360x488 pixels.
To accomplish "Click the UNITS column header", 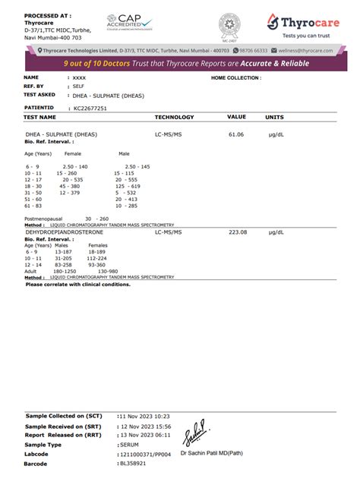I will [x=274, y=118].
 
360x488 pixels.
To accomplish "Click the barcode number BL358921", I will [x=134, y=463].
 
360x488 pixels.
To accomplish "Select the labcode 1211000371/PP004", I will [x=145, y=454].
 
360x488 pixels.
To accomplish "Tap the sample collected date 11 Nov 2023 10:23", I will [x=145, y=417].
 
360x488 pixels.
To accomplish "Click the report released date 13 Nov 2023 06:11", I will [x=145, y=435].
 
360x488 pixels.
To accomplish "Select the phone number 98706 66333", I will [x=254, y=50].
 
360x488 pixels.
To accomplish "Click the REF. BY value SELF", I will [x=78, y=87].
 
